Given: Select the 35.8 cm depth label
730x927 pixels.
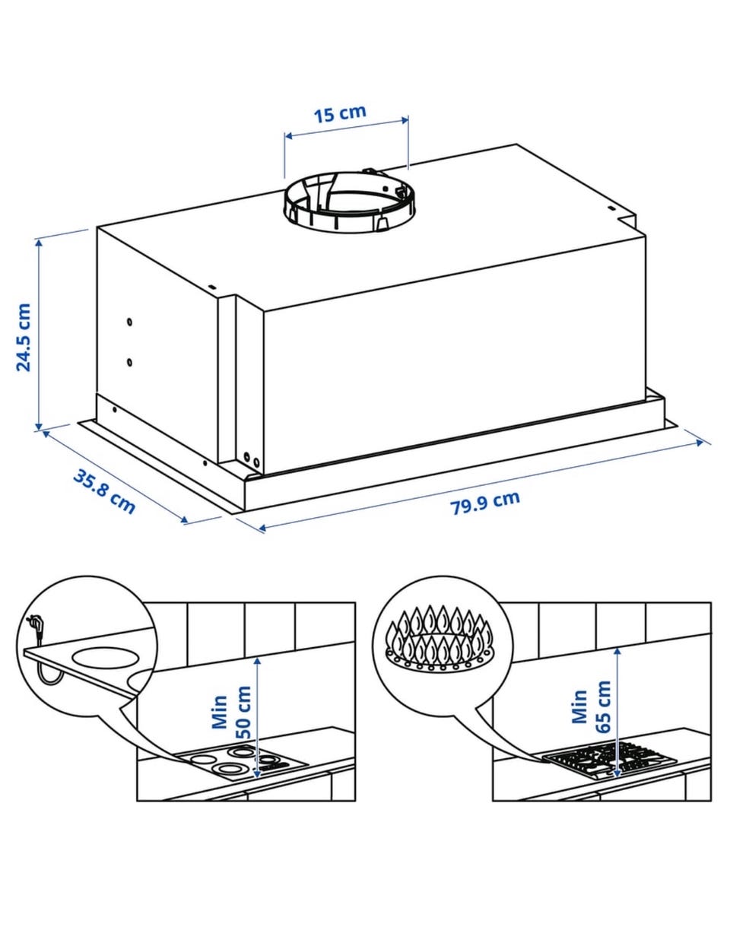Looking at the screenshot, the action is (105, 491).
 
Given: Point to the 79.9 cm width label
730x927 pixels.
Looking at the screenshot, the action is (485, 503).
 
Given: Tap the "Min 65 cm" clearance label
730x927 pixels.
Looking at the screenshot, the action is (591, 706).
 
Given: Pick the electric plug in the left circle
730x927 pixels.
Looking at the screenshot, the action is (35, 621).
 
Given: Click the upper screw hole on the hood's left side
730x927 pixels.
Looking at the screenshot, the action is (129, 322).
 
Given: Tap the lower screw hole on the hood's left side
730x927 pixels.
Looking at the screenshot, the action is (129, 362).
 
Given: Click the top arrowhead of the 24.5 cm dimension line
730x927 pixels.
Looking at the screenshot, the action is (39, 245).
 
